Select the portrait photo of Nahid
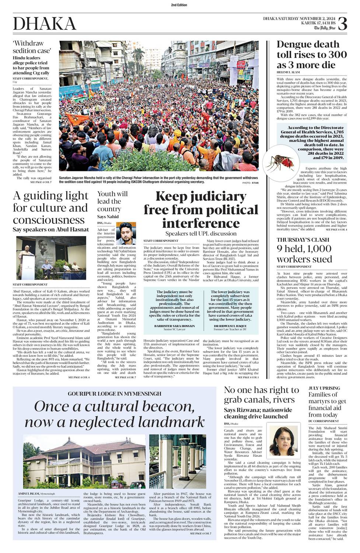[126, 233]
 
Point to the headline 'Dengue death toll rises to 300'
[311, 55]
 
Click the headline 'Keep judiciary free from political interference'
[201, 210]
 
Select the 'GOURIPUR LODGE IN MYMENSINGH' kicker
[114, 394]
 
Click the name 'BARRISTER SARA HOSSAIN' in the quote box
[175, 326]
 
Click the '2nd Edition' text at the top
[179, 5]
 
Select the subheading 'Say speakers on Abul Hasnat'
[51, 229]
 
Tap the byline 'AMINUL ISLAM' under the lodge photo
[28, 493]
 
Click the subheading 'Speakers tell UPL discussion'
[201, 233]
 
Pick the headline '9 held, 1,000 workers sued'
[304, 254]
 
